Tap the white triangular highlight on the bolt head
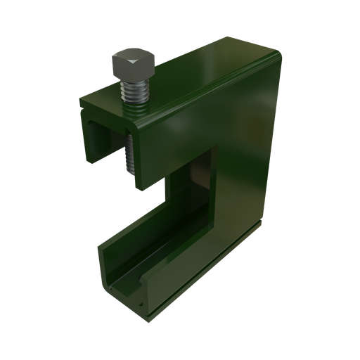click(132, 63)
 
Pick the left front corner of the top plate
click(82, 105)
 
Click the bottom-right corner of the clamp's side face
click(262, 224)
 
